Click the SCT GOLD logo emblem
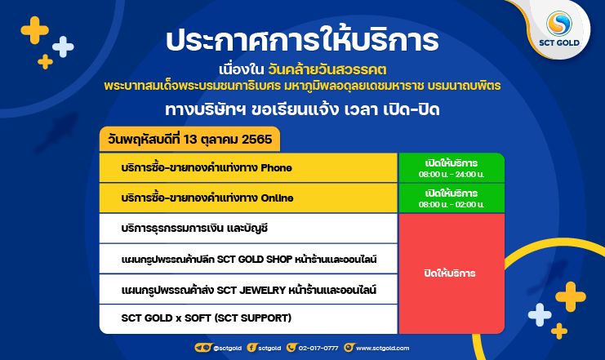tap(558, 24)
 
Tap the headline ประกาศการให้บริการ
tap(302, 41)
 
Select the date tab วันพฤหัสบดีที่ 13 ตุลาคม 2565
tap(190, 139)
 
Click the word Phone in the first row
tap(276, 168)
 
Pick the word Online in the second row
tap(277, 198)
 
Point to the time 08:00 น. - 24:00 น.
tap(452, 175)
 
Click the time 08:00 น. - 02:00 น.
tap(452, 205)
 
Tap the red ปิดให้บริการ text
tap(450, 273)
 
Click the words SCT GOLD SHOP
tap(255, 260)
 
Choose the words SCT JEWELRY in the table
tap(251, 290)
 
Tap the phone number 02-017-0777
tap(318, 348)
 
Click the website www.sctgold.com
tap(382, 348)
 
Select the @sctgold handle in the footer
tap(227, 348)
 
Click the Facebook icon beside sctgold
tap(251, 348)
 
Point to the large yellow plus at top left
tap(35, 30)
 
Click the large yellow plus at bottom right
tap(571, 296)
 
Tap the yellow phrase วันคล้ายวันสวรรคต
tap(327, 70)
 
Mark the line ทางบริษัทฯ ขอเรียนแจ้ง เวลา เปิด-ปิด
tap(302, 110)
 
